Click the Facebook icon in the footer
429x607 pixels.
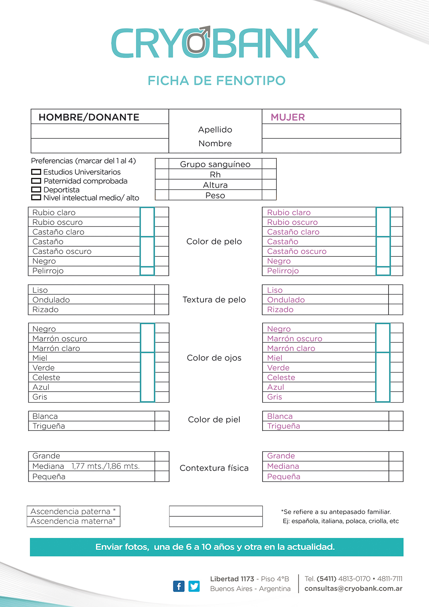tap(179, 586)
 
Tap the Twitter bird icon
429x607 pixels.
tap(194, 586)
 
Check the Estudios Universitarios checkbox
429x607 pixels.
tap(36, 172)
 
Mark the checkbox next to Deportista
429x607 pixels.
tap(36, 190)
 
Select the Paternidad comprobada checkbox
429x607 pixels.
tap(36, 181)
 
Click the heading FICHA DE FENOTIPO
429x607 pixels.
tap(217, 81)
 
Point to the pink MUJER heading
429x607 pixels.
tap(288, 117)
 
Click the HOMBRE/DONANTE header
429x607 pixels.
tap(89, 117)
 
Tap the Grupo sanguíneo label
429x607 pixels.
tap(215, 164)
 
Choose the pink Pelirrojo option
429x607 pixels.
tap(283, 271)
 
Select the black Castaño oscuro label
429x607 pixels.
tap(62, 251)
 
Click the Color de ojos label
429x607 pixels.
tap(214, 358)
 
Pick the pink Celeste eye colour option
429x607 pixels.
tap(281, 378)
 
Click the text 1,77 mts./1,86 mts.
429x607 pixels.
tap(106, 466)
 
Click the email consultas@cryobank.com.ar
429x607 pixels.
tap(353, 589)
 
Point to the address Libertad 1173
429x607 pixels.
tap(232, 579)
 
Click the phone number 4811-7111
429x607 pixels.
tap(390, 579)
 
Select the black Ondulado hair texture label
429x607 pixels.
tap(51, 300)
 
